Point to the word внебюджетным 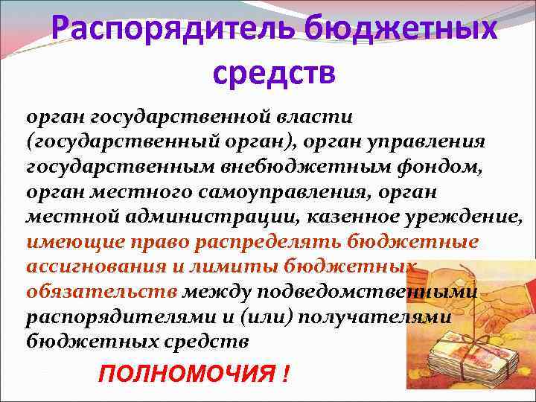tap(287, 166)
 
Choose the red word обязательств tap(100, 292)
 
